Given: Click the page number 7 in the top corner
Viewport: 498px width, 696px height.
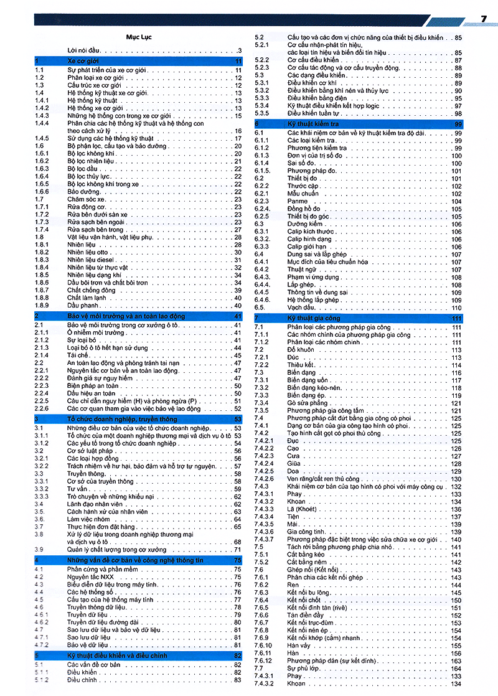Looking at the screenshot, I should point(483,19).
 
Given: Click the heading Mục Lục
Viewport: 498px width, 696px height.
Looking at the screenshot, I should point(138,37).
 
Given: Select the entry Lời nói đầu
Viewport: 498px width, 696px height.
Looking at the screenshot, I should point(85,50).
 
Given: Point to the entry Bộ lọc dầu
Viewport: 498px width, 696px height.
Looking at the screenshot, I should point(82,169).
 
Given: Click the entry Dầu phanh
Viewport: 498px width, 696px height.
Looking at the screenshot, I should point(82,305).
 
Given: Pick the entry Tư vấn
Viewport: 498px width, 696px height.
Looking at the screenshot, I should point(77,489).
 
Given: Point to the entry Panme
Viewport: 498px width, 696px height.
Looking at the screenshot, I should point(297,201).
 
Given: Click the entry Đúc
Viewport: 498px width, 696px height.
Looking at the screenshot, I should point(293,357).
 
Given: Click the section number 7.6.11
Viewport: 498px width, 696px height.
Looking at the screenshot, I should point(263,653).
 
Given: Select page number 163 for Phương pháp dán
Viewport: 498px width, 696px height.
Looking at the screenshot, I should point(456,661).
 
